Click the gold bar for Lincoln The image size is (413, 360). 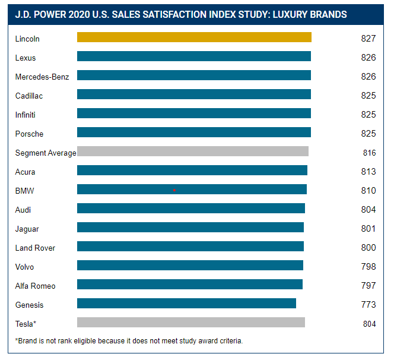point(194,37)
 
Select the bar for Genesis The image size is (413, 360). point(186,304)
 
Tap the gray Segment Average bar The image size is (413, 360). point(193,151)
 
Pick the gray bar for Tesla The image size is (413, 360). point(191,323)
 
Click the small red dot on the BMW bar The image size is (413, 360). point(174,190)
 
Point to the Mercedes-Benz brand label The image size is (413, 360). point(42,77)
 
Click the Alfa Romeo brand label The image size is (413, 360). point(36,286)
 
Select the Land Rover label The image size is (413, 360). point(36,248)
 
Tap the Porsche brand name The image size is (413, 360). point(30,134)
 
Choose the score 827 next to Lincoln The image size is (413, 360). point(368,39)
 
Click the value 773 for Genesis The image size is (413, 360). point(368,305)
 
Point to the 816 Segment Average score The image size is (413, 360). point(369,153)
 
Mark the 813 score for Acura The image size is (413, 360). point(368,172)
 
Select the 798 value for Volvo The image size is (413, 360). point(368,267)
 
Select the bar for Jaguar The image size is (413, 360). point(190,228)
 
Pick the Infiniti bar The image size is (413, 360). point(194,113)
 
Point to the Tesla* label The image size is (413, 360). point(26,324)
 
